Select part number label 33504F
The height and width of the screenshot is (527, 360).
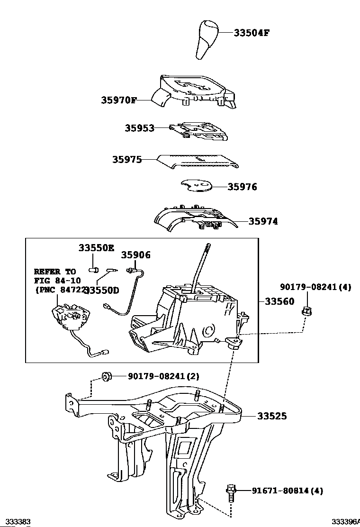(x=252, y=33)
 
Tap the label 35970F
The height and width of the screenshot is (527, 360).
(x=119, y=100)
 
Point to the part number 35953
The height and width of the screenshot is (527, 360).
(x=140, y=128)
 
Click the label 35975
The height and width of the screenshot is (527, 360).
(x=127, y=160)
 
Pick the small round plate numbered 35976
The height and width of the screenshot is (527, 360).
(x=196, y=187)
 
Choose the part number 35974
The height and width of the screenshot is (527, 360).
(x=263, y=221)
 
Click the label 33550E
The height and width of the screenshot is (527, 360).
(x=97, y=247)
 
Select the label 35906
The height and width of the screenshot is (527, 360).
(x=135, y=255)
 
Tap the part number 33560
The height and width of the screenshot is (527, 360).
(x=279, y=301)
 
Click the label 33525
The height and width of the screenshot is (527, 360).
(x=272, y=416)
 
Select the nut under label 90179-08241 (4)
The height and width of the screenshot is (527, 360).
(x=306, y=312)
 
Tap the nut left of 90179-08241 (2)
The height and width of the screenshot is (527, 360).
(x=107, y=376)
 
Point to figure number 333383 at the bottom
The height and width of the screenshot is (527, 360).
(x=16, y=522)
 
